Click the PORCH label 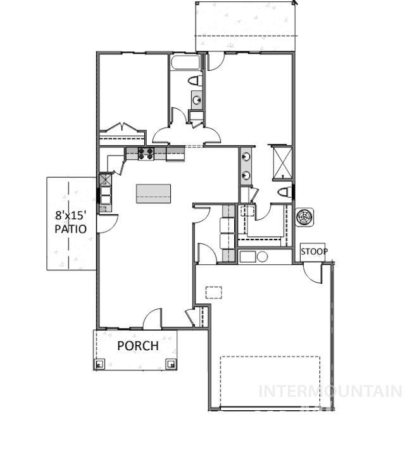[x=137, y=346]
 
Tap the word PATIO [x=70, y=229]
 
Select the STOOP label [x=314, y=252]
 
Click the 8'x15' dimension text [x=70, y=214]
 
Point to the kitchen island [x=153, y=193]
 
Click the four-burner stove [x=146, y=153]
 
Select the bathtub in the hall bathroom [x=185, y=63]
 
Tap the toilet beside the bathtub [x=196, y=80]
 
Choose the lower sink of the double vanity [x=245, y=174]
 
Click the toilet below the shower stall [x=284, y=192]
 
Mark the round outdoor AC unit [x=305, y=217]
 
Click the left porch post [x=99, y=363]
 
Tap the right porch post [x=170, y=363]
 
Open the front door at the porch [x=153, y=319]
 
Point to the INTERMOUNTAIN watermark [x=330, y=391]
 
